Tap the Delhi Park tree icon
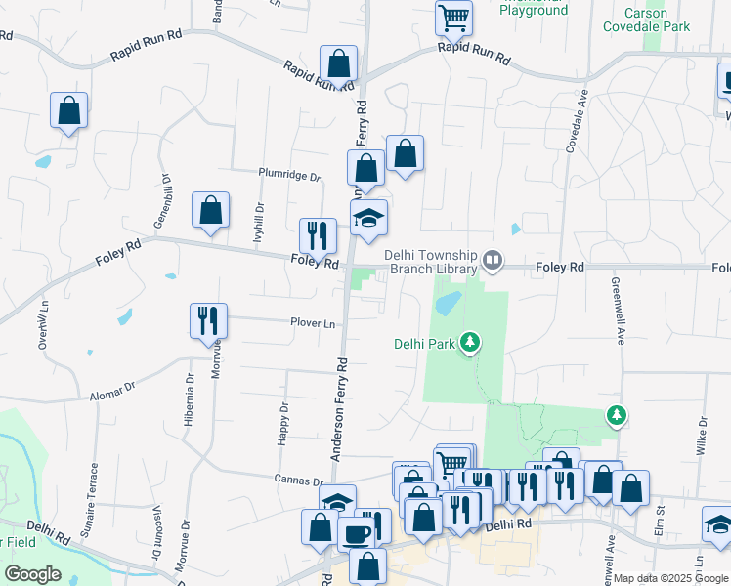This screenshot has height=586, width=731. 472,341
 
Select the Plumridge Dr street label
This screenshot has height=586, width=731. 289,177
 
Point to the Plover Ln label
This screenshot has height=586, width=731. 312,323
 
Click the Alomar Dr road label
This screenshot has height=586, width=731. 111,389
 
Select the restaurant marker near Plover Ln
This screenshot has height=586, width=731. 208,319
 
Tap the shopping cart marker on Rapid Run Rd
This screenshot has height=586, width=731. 454,17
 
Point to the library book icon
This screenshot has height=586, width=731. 494,261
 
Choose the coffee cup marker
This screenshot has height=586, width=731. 355,532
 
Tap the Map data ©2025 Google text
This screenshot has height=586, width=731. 671,578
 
